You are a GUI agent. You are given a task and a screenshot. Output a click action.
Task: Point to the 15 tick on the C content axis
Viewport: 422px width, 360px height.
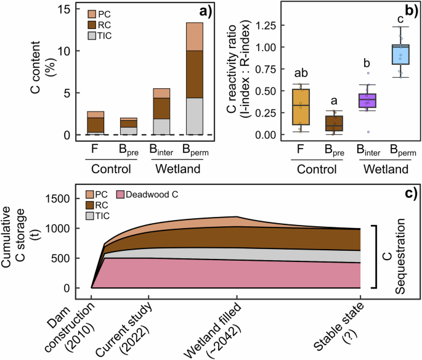coord(63,9)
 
